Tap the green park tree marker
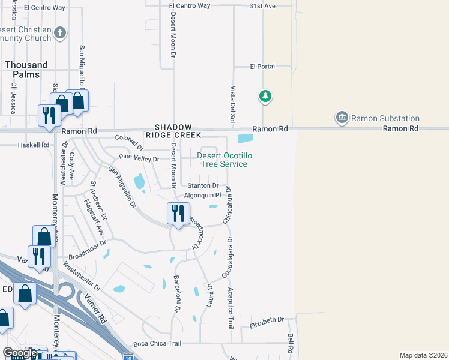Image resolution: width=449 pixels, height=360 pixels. click(265, 96)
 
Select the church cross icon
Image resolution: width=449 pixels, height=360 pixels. click(59, 34)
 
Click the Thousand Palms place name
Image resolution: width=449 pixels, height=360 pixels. click(26, 70)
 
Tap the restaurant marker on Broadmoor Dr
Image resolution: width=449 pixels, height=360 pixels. click(178, 214)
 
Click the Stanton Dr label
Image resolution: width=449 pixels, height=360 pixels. click(203, 186)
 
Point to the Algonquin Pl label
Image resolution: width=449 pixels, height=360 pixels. click(202, 195)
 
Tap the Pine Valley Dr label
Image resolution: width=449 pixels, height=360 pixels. click(139, 159)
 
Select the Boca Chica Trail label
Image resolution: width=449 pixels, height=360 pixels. click(157, 343)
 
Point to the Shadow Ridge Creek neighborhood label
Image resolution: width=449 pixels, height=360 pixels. click(173, 131)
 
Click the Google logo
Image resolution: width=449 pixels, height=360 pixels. click(20, 353)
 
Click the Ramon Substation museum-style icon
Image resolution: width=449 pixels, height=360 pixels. click(342, 117)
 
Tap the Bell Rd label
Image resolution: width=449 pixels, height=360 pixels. click(291, 343)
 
